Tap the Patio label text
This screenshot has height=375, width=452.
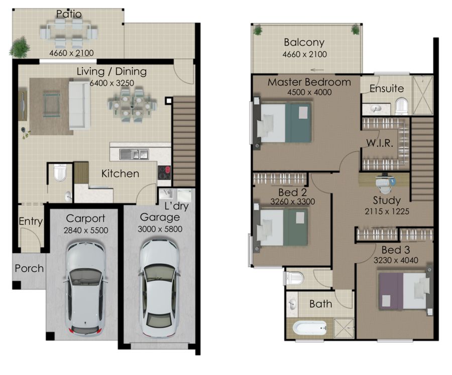point(69,14)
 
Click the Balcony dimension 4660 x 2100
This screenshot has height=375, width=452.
point(305,54)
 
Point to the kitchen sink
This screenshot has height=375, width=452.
point(134,154)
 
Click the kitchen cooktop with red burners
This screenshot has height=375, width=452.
point(164,172)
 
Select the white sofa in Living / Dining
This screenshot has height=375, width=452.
point(79,105)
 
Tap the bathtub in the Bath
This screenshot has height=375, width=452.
point(310,328)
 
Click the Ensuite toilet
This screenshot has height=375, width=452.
point(402,106)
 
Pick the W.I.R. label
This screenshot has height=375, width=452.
point(380,143)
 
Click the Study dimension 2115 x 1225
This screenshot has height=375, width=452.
point(387,211)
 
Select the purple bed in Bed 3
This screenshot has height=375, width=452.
point(403,291)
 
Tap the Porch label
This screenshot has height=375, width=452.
point(29,268)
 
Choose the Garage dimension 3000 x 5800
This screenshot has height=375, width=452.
point(160,229)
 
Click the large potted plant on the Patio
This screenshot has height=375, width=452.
point(20,47)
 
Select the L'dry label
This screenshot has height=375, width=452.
point(176,206)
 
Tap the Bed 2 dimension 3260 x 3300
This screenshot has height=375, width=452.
point(293,202)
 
